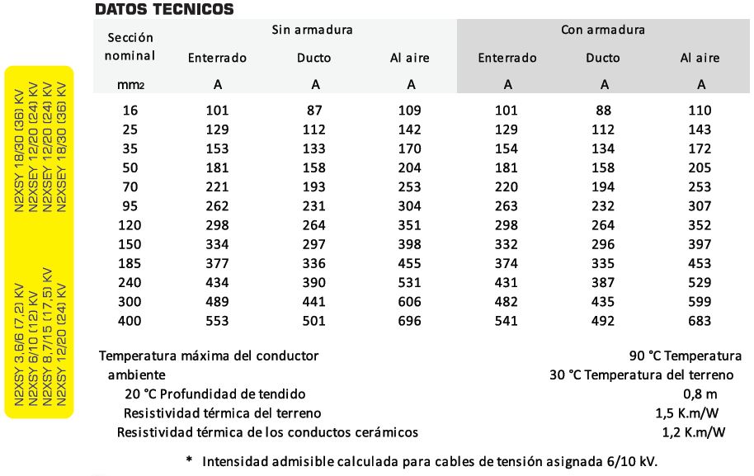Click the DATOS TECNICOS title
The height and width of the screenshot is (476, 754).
pos(164,10)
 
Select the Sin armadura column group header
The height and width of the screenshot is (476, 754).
pos(313,30)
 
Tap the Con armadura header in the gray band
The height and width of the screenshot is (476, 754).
pos(603,30)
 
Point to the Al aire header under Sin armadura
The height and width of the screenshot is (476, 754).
pos(410,58)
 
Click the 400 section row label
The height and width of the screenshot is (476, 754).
pos(130,321)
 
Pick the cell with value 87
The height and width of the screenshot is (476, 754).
pos(314,111)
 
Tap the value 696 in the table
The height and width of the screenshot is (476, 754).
pos(410,321)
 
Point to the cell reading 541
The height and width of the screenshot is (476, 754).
pos(507,321)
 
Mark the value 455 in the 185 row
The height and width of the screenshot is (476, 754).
pos(410,264)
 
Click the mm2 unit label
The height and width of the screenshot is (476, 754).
pos(130,84)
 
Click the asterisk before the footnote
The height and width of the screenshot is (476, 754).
pos(189,460)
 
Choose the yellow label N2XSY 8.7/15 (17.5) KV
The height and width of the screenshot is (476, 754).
pos(47,337)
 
